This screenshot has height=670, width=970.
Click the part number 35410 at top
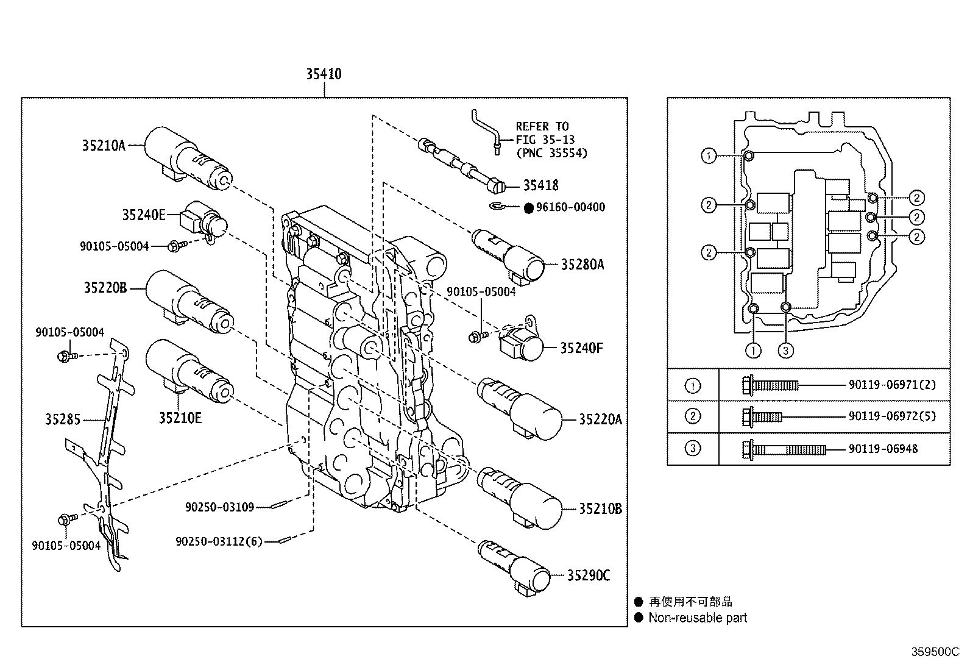point(324,74)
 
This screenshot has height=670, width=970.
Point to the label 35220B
point(105,287)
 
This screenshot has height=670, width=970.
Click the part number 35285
point(62,419)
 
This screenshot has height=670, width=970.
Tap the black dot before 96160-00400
point(528,208)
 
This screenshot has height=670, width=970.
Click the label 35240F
point(581,348)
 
